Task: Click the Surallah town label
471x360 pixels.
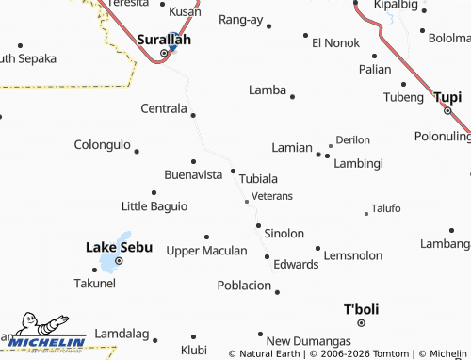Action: tap(164, 40)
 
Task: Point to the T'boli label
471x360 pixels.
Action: tap(360, 309)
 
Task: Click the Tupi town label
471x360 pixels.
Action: tap(447, 96)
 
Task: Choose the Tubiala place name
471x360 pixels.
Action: tap(258, 178)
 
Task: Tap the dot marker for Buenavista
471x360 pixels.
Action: tap(194, 161)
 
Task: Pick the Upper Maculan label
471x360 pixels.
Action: tap(206, 251)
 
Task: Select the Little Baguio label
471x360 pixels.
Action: tap(154, 205)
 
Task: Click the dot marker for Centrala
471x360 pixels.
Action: tap(193, 115)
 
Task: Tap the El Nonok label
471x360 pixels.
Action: tap(336, 42)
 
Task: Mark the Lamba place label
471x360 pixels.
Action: tap(267, 90)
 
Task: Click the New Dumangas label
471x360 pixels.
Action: tap(308, 341)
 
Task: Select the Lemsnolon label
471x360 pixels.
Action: tap(353, 255)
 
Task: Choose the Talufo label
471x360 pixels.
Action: tap(386, 208)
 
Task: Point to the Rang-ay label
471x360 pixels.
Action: tap(240, 19)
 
